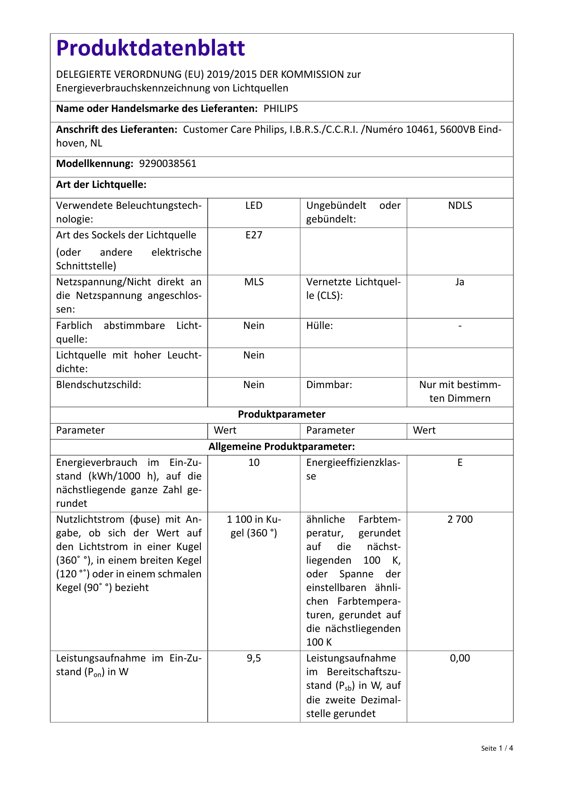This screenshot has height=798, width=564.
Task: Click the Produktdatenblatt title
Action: click(x=150, y=48)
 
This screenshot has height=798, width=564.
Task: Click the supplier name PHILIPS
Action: click(x=281, y=109)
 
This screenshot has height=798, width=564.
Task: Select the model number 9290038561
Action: click(x=168, y=164)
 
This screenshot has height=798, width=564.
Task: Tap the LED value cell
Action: click(x=254, y=206)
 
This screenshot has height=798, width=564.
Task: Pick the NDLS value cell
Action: click(x=460, y=206)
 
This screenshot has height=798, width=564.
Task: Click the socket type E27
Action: click(x=254, y=235)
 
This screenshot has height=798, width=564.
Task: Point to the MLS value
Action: click(x=254, y=282)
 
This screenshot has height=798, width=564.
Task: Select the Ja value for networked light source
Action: click(x=460, y=282)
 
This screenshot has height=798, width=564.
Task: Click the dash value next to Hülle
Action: click(x=460, y=326)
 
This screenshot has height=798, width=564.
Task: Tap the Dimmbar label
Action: click(x=329, y=385)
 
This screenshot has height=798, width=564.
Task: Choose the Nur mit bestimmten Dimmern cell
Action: click(x=460, y=392)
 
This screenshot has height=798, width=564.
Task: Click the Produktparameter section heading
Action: click(x=281, y=414)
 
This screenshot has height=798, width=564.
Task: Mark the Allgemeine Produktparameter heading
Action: click(x=281, y=447)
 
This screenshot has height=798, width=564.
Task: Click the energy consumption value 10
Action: click(x=254, y=463)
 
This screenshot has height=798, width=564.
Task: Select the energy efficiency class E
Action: click(x=460, y=463)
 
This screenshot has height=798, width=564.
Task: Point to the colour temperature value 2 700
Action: click(x=460, y=520)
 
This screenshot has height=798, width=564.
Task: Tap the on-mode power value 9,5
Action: click(x=254, y=658)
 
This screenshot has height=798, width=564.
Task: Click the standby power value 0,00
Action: click(x=460, y=658)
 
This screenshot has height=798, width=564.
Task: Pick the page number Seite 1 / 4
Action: click(x=497, y=748)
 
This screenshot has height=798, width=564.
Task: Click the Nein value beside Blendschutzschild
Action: click(x=254, y=385)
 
